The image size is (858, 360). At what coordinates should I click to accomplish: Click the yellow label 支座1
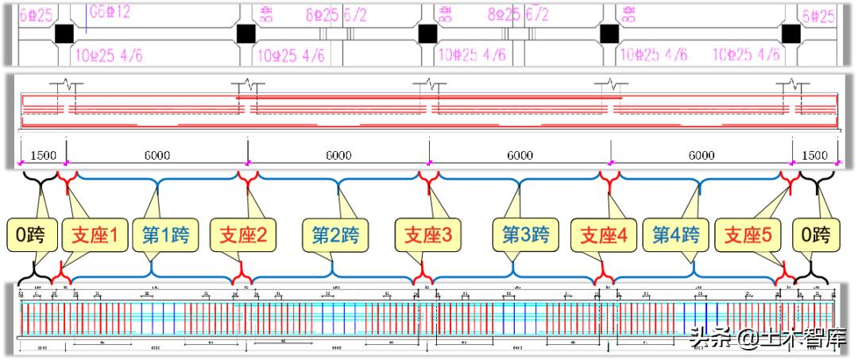(x=95, y=236)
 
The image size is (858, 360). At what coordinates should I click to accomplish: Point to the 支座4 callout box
(x=604, y=236)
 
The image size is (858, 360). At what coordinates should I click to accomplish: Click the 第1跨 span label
(x=166, y=236)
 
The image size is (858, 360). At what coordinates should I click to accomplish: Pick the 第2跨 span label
(x=334, y=236)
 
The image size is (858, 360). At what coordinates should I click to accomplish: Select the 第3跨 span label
(x=525, y=236)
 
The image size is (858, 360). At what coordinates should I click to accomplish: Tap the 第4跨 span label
(x=676, y=236)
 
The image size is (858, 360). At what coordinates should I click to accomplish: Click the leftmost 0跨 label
(x=32, y=236)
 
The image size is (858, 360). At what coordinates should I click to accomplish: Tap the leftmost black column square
(x=64, y=33)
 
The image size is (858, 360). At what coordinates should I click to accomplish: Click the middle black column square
(x=428, y=33)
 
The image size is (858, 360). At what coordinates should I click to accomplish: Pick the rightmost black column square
(x=790, y=33)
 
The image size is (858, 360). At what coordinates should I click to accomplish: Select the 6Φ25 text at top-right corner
(x=818, y=15)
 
